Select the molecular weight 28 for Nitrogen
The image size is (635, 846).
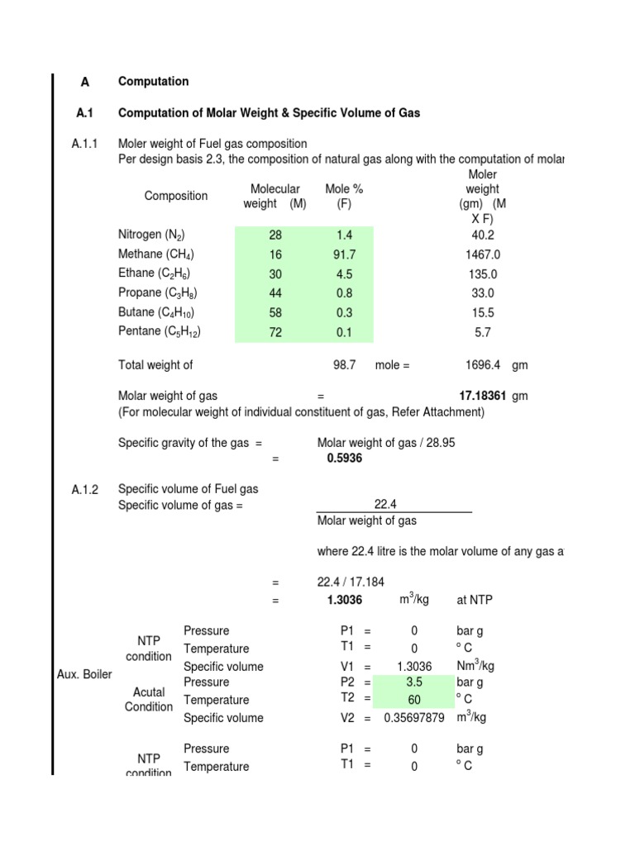click(275, 235)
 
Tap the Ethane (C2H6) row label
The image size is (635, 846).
click(156, 273)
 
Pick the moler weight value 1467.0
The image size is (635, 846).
click(483, 255)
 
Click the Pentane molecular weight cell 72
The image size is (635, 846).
click(275, 333)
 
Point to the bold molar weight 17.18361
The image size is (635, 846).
click(482, 396)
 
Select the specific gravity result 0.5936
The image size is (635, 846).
click(345, 458)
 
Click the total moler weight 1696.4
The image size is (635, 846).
click(483, 364)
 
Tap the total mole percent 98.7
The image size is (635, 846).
click(344, 364)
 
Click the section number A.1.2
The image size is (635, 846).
click(85, 490)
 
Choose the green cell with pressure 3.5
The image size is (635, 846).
click(415, 682)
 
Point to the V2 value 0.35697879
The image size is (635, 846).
click(415, 719)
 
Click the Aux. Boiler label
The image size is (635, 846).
click(79, 675)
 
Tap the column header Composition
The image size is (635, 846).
click(176, 196)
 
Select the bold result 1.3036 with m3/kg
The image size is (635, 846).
click(345, 600)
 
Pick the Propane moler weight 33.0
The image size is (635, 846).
click(483, 293)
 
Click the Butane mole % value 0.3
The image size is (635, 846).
click(344, 313)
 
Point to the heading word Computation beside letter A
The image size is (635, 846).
click(154, 81)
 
